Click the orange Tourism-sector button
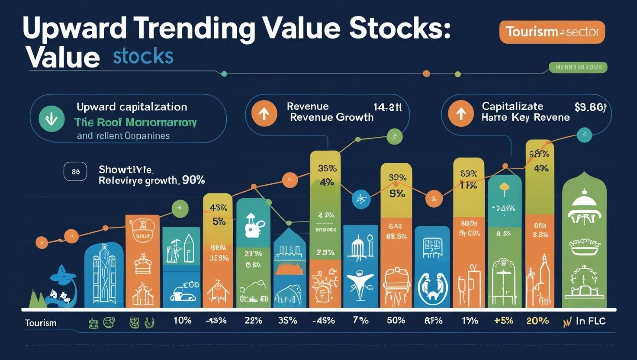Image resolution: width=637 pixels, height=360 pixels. [x=552, y=32]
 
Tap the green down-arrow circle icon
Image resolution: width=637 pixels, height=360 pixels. [x=51, y=118]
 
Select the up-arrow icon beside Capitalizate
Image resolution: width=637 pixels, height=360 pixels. [x=461, y=114]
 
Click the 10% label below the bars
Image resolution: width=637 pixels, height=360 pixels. [x=182, y=321]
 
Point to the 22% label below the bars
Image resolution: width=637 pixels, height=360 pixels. [x=253, y=321]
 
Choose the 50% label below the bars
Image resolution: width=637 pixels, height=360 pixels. [x=396, y=321]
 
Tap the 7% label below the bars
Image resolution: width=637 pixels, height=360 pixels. [x=360, y=321]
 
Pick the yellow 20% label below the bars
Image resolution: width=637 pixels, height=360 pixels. [x=537, y=321]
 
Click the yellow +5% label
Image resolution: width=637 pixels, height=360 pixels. [x=503, y=321]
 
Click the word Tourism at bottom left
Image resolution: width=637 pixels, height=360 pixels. [x=41, y=323]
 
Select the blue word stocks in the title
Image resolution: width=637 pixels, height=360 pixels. [x=143, y=57]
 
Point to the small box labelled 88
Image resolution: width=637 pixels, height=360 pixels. [x=75, y=172]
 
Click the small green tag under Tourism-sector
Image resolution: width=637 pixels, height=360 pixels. [x=578, y=67]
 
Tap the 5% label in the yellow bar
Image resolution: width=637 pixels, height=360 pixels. [x=219, y=222]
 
